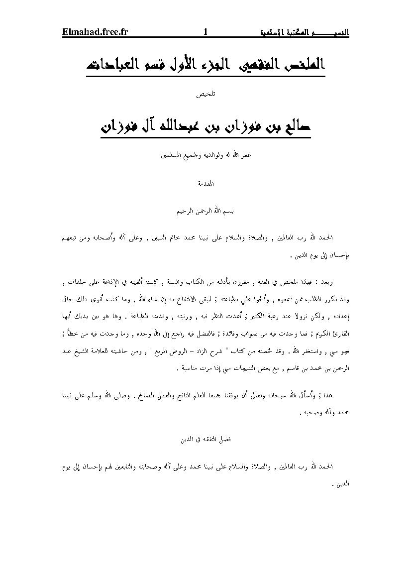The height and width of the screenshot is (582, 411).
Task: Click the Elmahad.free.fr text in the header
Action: tap(95, 32)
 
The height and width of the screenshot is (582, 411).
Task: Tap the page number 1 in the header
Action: tap(205, 32)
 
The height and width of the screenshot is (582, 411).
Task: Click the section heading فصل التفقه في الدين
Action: tap(205, 441)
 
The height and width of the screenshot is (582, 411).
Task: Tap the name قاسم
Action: tap(281, 369)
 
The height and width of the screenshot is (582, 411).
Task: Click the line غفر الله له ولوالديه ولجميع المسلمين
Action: tap(205, 154)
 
